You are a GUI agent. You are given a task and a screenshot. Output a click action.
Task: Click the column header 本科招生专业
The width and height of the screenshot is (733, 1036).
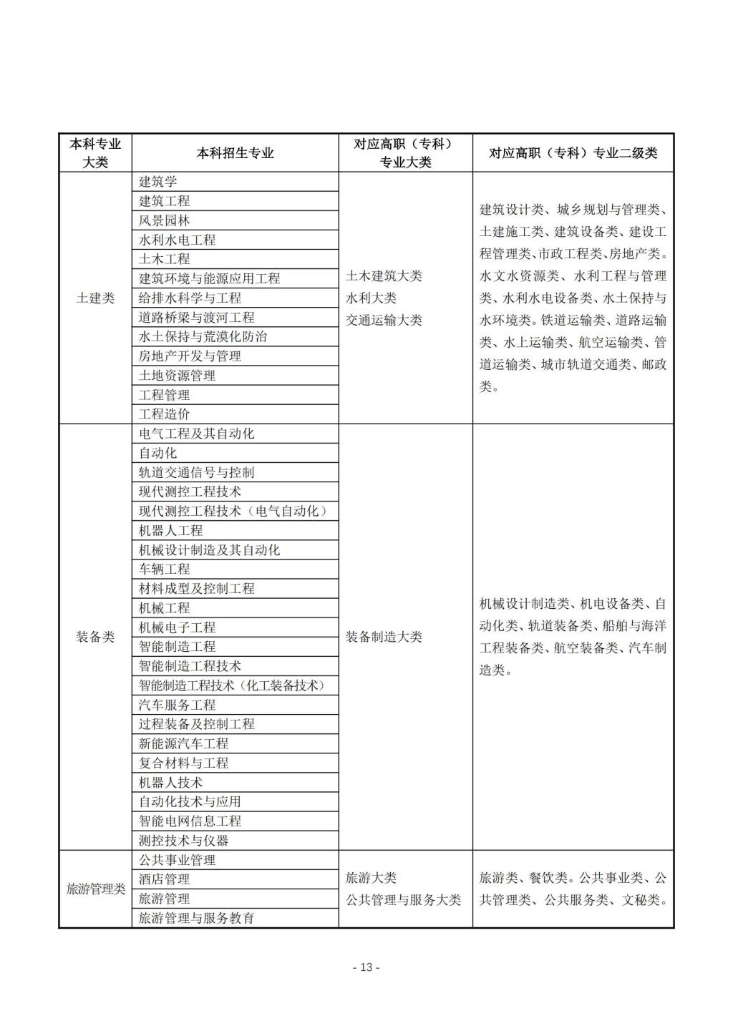click(235, 153)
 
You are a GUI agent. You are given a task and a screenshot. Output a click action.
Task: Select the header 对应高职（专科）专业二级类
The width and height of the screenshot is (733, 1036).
click(573, 153)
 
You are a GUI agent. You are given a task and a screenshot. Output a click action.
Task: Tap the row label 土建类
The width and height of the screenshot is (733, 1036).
click(95, 298)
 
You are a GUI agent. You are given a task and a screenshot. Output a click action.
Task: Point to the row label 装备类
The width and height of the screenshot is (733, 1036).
click(95, 637)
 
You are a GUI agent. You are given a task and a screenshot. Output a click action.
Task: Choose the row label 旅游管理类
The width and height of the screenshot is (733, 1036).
click(95, 889)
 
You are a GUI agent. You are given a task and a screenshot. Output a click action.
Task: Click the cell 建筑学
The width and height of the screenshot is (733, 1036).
click(157, 182)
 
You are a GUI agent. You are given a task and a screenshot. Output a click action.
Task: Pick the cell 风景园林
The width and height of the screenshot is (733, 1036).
click(164, 220)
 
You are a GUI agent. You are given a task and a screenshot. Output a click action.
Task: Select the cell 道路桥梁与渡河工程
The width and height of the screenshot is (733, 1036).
click(196, 317)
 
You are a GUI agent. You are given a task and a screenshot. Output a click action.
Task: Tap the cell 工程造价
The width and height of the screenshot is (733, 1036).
click(164, 414)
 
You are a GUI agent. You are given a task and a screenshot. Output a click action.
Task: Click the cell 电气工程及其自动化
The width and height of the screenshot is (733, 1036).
click(196, 434)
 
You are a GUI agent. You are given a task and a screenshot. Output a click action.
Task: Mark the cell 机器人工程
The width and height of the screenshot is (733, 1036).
click(170, 530)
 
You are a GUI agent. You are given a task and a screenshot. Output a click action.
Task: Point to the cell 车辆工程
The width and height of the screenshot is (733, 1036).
click(164, 569)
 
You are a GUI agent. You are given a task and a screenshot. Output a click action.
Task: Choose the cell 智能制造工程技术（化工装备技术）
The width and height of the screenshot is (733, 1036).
click(232, 685)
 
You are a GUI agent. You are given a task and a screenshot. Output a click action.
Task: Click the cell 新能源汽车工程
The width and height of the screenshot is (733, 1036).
click(183, 743)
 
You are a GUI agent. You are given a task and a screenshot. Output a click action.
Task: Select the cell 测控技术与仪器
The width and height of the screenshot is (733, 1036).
click(183, 841)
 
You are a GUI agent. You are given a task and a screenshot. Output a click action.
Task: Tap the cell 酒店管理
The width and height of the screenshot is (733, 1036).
click(164, 879)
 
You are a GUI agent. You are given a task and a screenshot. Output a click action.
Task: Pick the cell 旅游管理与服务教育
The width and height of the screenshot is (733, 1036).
click(196, 918)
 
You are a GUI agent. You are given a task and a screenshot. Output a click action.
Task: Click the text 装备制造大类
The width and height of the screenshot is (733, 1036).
click(384, 637)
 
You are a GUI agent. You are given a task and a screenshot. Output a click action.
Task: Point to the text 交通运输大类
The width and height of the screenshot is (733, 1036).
click(384, 321)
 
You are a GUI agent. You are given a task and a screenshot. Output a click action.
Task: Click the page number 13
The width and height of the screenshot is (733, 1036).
click(366, 968)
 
